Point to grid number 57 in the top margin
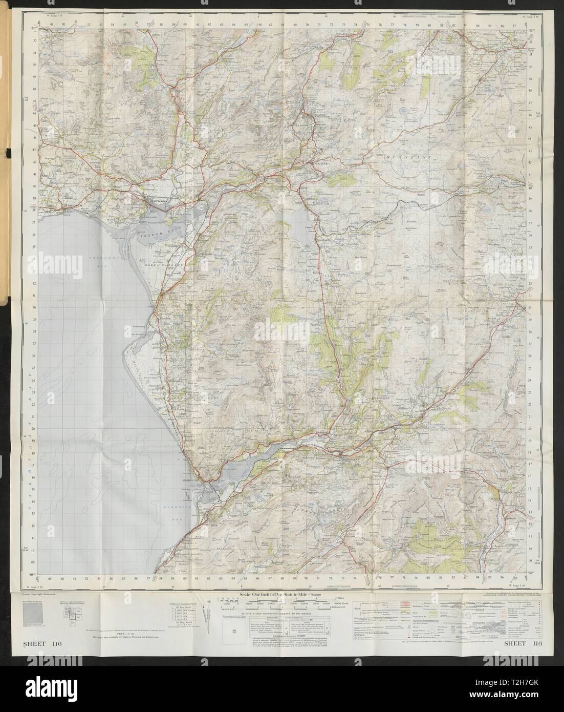pyautogui.click(x=149, y=23)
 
